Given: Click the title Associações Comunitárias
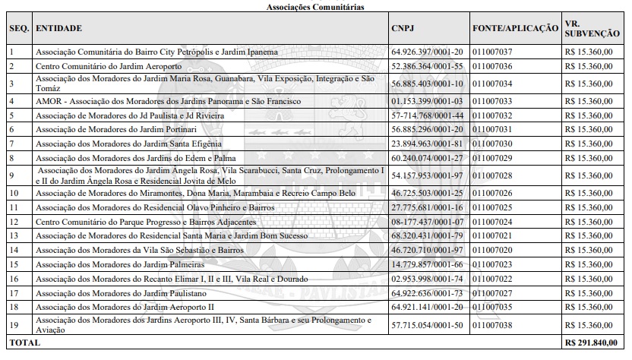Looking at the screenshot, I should pos(315,6).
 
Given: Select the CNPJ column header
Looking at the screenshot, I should pos(403,28).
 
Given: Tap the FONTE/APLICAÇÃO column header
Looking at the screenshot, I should pos(515,28).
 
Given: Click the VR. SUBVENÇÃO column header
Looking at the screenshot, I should pos(592,28).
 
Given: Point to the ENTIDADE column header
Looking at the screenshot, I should pos(59,28).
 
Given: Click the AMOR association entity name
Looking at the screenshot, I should pos(168,101).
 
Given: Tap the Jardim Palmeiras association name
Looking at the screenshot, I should pos(120,264).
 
